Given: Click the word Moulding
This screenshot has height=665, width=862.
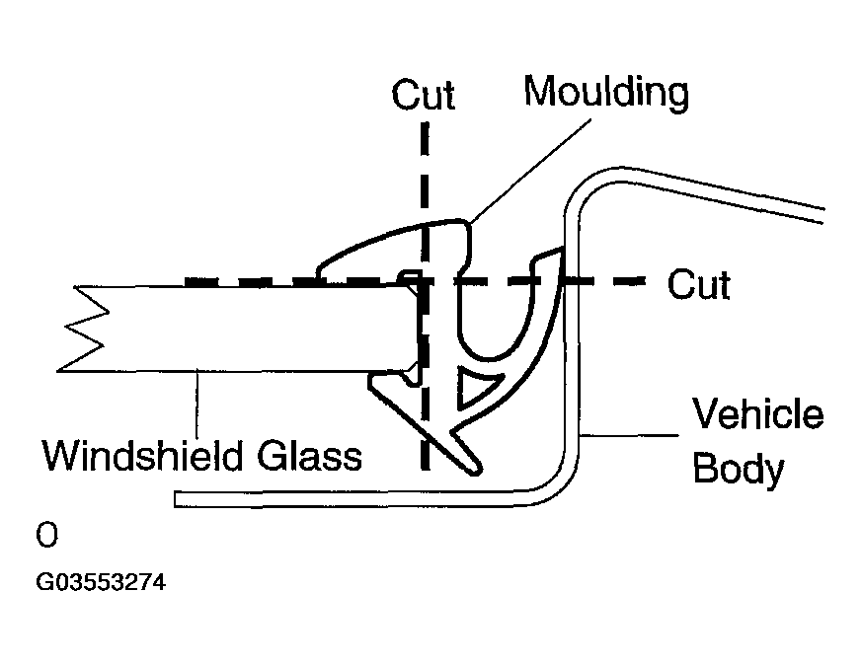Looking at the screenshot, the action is coord(606,93).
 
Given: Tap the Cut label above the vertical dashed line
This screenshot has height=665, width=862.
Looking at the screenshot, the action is coord(424,95).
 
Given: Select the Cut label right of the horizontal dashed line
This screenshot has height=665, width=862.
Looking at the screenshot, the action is coord(699,284).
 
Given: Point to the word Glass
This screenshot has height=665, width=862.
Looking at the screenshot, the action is coord(310,455).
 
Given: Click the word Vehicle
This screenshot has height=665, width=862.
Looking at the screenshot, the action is coord(757,413).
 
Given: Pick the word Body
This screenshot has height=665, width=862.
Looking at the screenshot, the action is coord(739,470).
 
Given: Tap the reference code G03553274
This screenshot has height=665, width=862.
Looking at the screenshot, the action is coord(101,582).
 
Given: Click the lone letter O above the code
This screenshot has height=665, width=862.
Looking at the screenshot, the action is coord(46,535).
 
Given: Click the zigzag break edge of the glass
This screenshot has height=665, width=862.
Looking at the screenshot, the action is coord(83,329).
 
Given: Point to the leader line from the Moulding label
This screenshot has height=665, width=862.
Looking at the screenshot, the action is coord(531,171).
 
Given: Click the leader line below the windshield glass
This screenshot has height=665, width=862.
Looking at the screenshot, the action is coord(196,405).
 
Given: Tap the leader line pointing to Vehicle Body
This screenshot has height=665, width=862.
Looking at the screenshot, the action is coord(629,435).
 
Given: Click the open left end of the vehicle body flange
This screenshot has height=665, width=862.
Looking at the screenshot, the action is coord(176,499).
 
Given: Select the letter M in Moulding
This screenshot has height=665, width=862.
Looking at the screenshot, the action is coord(540,92).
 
